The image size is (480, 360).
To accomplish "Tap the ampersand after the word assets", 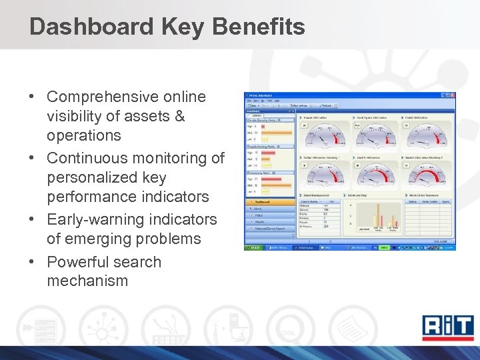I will click(179, 117).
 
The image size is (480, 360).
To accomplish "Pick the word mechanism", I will click(87, 281).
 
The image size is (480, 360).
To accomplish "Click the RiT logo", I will click(447, 327).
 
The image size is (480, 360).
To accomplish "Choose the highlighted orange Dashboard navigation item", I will click(269, 201).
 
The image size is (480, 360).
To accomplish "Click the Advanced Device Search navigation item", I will click(269, 229).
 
